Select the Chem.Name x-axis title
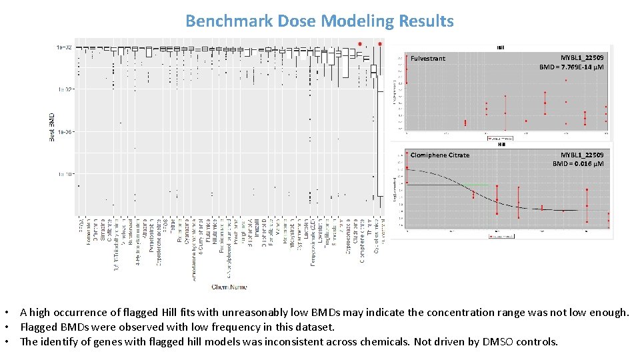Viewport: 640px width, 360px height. click(229, 287)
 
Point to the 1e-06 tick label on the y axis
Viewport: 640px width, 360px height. click(65, 132)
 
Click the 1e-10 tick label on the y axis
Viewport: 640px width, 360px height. click(65, 174)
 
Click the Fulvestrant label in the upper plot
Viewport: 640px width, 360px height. click(428, 59)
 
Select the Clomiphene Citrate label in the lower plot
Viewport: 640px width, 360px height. click(440, 155)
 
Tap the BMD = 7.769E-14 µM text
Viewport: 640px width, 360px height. click(571, 67)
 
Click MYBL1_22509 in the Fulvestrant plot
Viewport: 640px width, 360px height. click(581, 59)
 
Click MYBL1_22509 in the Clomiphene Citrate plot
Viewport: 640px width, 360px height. click(581, 155)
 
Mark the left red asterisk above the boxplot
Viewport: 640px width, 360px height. click(360, 45)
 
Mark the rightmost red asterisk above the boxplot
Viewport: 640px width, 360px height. click(380, 45)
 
